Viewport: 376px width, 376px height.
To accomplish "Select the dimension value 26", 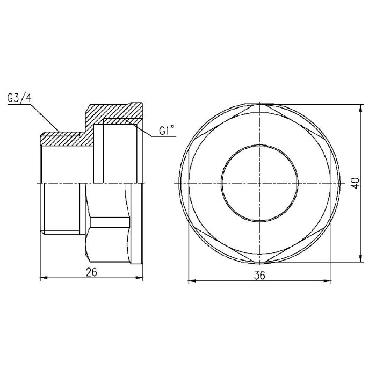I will [91, 272].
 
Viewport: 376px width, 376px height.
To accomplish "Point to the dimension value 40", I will [355, 183].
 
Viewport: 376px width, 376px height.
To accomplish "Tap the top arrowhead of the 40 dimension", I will [359, 107].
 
